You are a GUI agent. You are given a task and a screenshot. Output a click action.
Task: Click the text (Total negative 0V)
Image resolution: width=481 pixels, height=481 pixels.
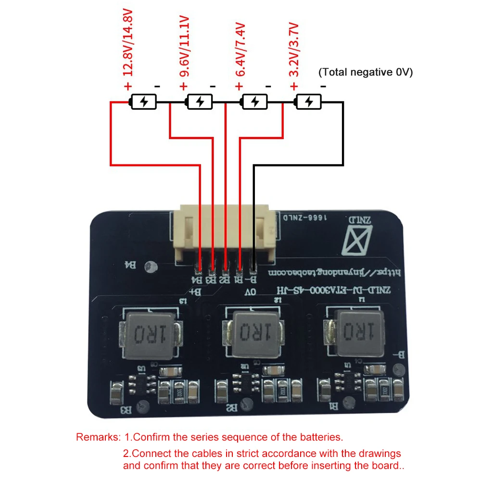pyautogui.click(x=366, y=72)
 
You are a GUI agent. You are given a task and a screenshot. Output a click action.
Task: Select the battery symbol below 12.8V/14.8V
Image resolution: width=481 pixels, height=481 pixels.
pyautogui.click(x=143, y=102)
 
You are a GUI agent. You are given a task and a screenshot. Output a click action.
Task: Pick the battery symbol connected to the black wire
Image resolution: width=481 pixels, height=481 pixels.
pyautogui.click(x=308, y=102)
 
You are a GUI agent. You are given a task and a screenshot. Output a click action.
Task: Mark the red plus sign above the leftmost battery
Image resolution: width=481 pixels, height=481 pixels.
pyautogui.click(x=128, y=87)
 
